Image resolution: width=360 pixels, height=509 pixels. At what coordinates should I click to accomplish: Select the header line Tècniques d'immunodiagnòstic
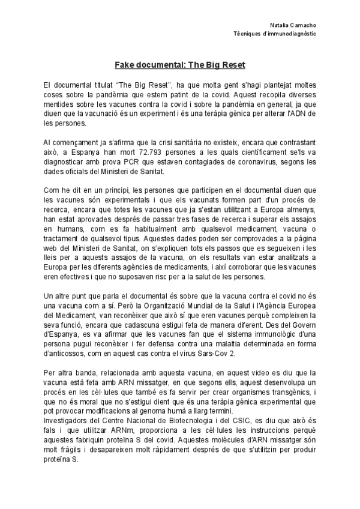[x=275, y=34]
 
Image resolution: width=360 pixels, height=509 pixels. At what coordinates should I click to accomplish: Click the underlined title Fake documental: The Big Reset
[x=180, y=63]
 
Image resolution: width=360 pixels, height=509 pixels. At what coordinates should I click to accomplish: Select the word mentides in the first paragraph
[x=59, y=103]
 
